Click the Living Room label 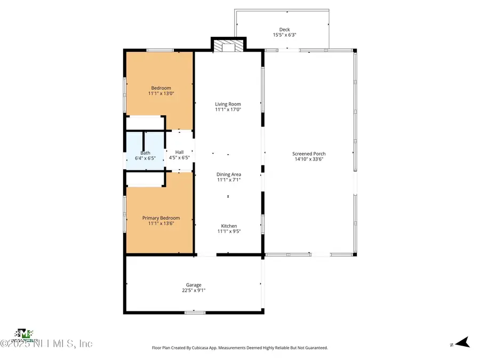[228, 104]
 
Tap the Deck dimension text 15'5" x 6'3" [284, 35]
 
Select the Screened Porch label [308, 154]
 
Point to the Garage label [194, 285]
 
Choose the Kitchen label [229, 226]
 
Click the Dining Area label [229, 174]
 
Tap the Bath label [145, 153]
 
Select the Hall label [179, 152]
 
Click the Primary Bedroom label [161, 218]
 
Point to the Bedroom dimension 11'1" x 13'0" [161, 93]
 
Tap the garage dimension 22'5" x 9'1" [194, 291]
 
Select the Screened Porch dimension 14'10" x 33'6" [308, 159]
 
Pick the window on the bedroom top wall [159, 51]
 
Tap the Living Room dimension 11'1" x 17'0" [228, 109]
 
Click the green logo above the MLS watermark [24, 333]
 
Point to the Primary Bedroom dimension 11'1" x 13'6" [161, 224]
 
